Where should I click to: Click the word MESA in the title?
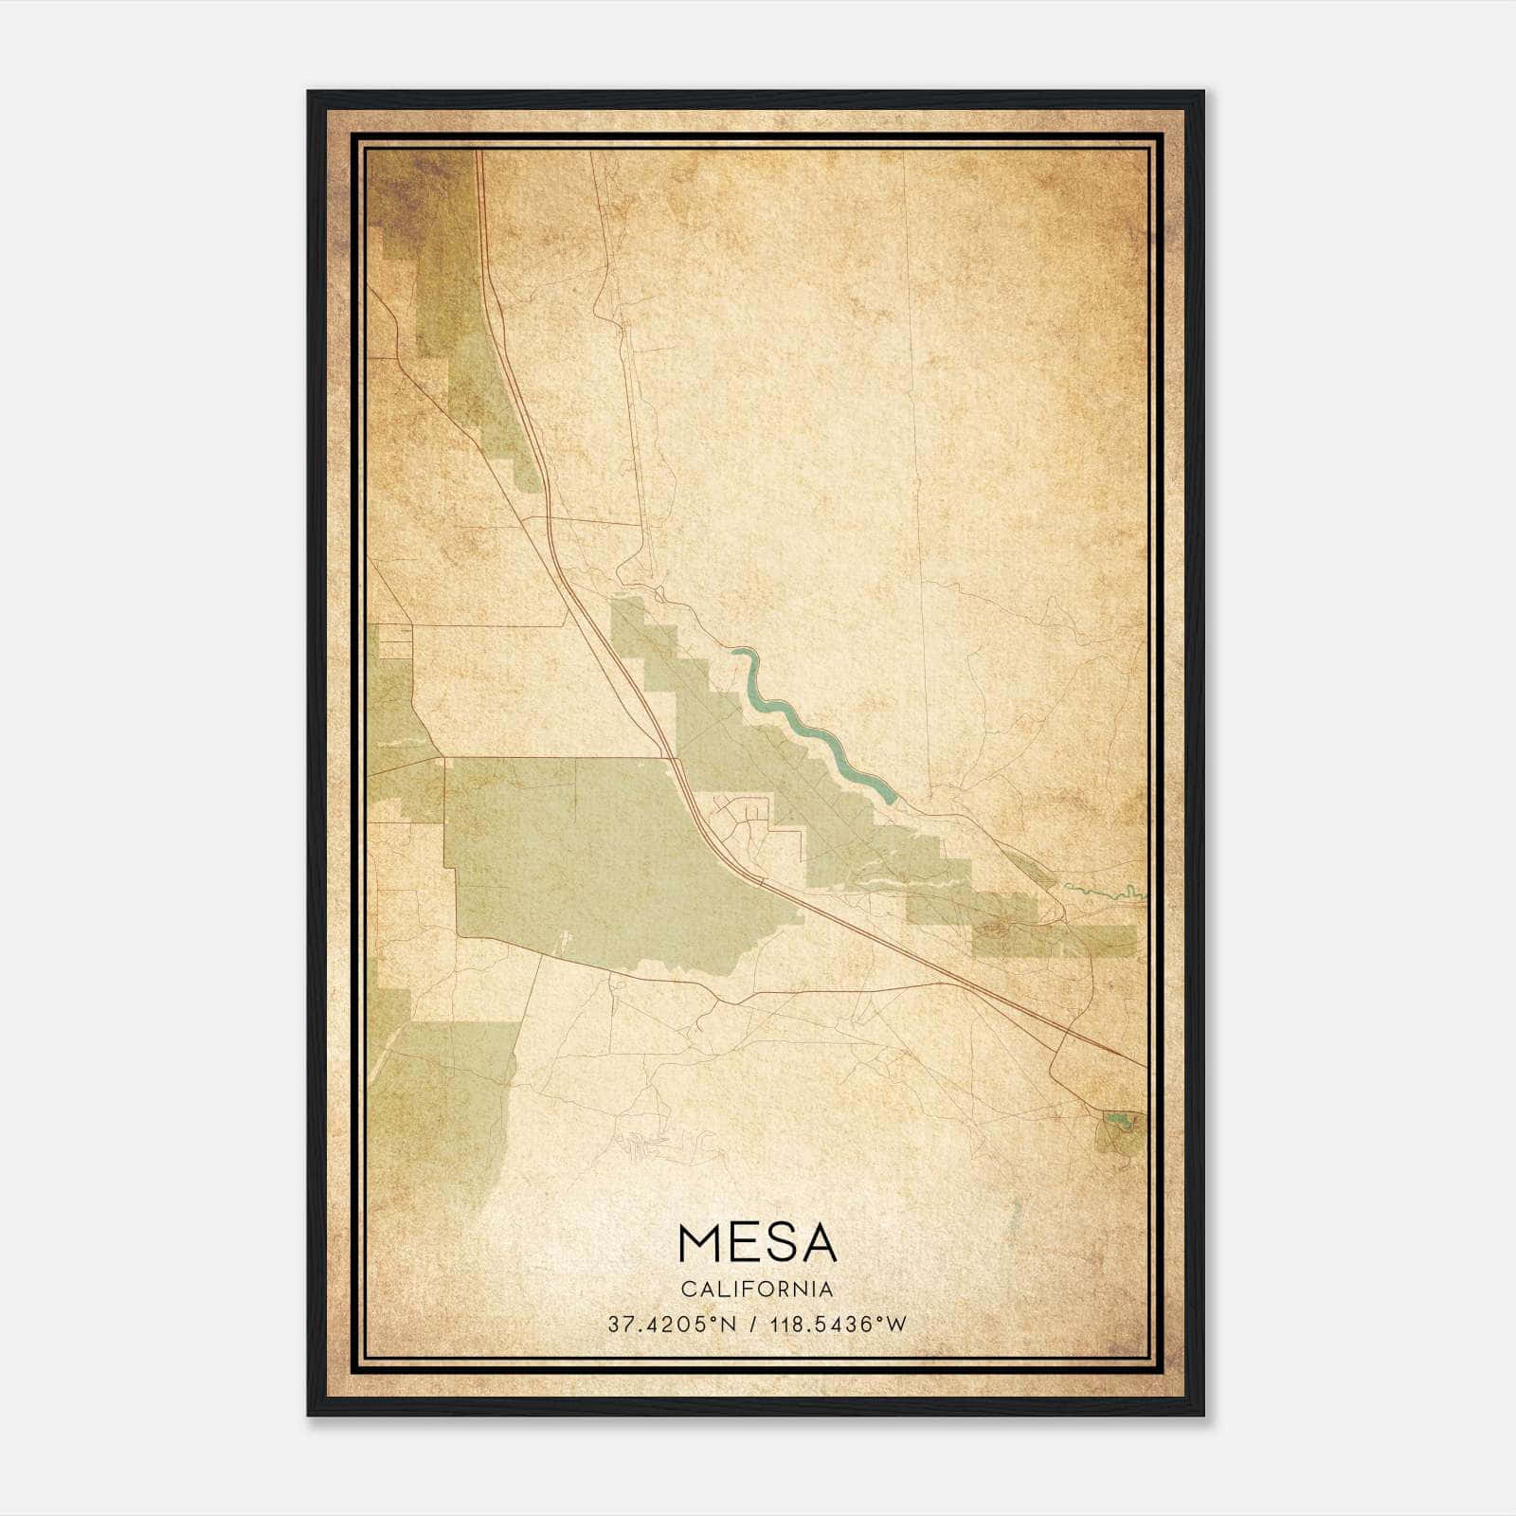[758, 1244]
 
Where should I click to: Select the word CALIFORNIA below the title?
[758, 1290]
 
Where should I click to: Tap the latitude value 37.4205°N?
[673, 1325]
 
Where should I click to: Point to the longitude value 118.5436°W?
[839, 1325]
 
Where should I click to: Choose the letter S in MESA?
[778, 1244]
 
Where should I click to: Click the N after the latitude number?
[729, 1325]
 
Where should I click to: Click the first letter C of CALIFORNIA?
[687, 1290]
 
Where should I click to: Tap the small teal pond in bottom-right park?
[1119, 1122]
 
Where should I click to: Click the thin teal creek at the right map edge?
[1109, 891]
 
